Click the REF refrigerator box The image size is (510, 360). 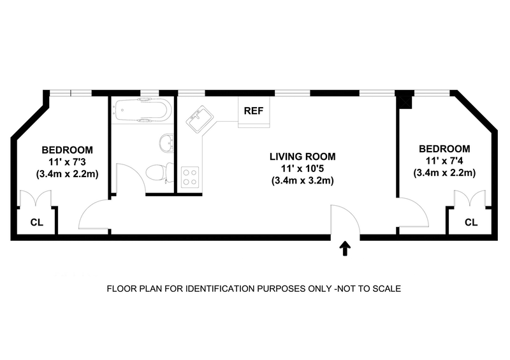click(254, 112)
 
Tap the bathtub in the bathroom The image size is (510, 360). click(143, 111)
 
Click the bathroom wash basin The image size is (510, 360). click(167, 143)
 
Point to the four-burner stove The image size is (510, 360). click(190, 177)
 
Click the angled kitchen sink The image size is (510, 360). click(200, 119)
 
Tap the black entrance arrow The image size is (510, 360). click(345, 248)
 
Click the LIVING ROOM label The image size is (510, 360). click(302, 157)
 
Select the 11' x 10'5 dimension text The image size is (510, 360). click(302, 168)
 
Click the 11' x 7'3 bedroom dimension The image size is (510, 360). click(68, 162)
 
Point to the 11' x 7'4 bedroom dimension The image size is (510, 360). click(444, 161)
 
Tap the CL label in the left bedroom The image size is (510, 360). click(37, 222)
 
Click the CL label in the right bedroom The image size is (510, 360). click(471, 222)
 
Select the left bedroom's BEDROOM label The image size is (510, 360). click(68, 150)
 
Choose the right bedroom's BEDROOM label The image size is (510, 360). click(444, 149)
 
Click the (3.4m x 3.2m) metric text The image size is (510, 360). click(302, 180)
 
